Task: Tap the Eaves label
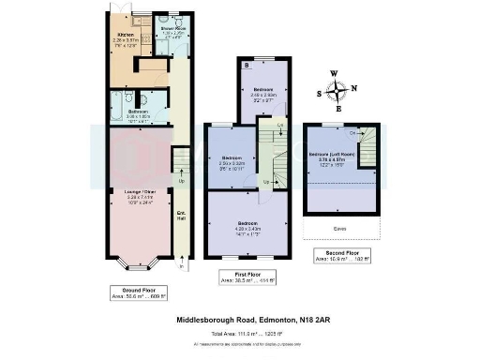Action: [337, 228]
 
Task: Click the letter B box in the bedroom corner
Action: [246, 67]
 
